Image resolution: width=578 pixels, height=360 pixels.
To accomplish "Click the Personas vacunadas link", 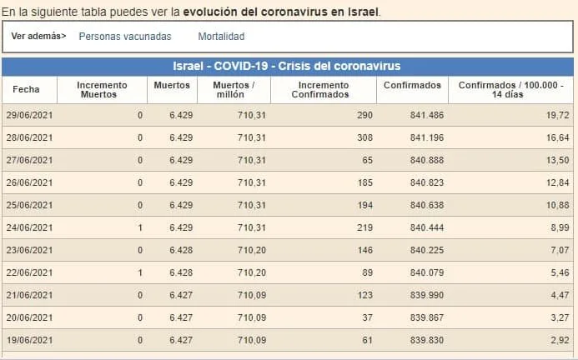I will (124, 37).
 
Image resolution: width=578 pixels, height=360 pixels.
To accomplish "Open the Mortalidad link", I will (221, 37).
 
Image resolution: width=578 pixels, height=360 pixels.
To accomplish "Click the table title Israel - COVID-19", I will (287, 66).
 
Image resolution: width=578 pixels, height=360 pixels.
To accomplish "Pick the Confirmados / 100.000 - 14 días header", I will (511, 89).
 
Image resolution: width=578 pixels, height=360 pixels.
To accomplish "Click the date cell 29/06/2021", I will (30, 114).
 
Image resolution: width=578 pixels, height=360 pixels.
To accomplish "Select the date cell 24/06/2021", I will (30, 227).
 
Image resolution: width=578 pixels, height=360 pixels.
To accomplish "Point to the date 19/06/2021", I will (30, 339).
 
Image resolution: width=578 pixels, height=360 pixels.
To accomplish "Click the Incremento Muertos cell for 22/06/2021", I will (140, 272).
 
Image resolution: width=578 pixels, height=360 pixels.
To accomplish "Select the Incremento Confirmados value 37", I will (368, 317).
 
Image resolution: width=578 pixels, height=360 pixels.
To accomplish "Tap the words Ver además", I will (38, 37).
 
